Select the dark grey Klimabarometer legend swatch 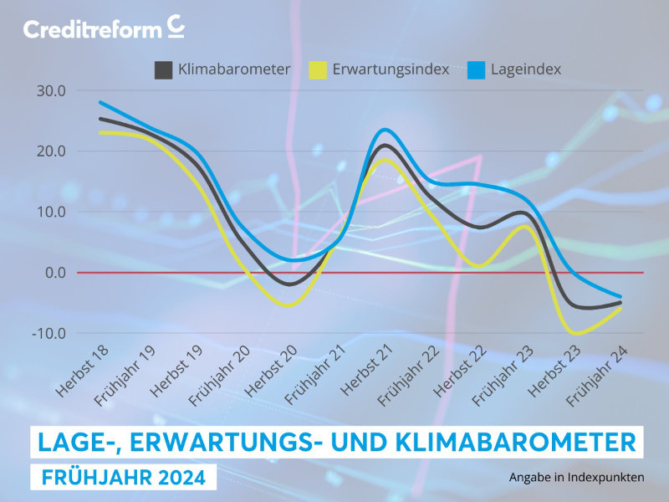click(164, 70)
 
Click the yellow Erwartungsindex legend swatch click(319, 70)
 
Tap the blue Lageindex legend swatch click(475, 70)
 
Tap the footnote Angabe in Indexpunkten click(576, 478)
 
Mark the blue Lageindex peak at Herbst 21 click(384, 130)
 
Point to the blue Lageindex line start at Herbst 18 click(100, 103)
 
